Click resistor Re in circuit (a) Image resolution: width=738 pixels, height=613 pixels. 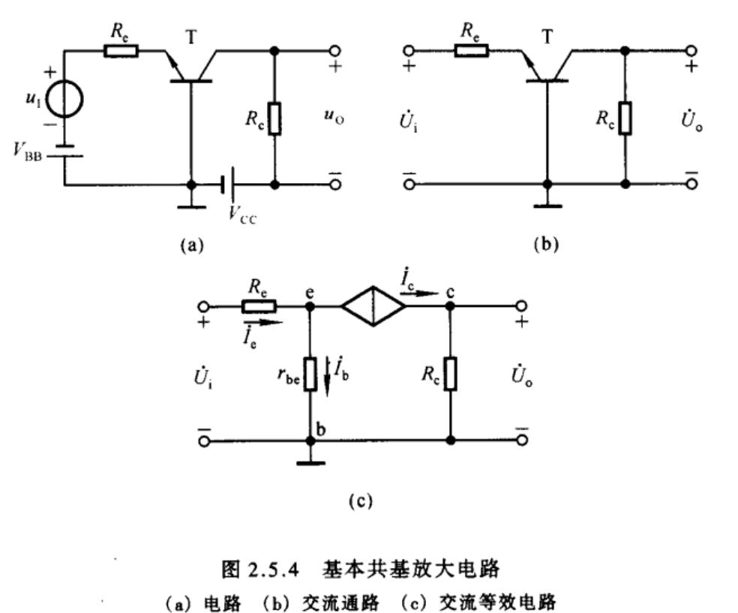(121, 51)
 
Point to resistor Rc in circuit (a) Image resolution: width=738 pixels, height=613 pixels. (275, 119)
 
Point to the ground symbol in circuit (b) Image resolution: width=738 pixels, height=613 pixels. (547, 203)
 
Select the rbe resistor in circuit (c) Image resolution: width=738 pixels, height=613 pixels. (310, 373)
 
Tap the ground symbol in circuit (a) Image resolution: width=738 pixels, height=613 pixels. (192, 203)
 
